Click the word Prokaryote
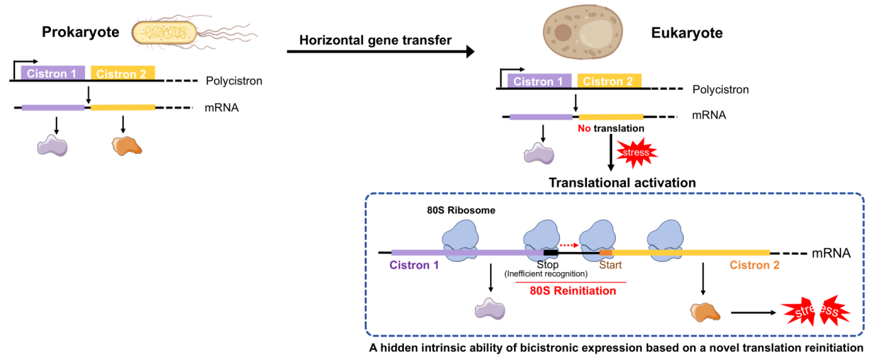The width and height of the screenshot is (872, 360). (x=80, y=32)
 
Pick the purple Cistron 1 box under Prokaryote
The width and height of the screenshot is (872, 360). (x=53, y=74)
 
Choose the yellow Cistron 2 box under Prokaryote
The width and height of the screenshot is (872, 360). (x=123, y=74)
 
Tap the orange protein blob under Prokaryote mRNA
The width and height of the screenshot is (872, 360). (x=127, y=145)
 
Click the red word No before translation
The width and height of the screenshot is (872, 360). (x=584, y=128)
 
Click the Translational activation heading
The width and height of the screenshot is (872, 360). (x=622, y=183)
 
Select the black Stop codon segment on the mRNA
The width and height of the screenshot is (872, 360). (x=550, y=253)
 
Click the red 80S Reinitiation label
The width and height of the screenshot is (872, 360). (x=573, y=291)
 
